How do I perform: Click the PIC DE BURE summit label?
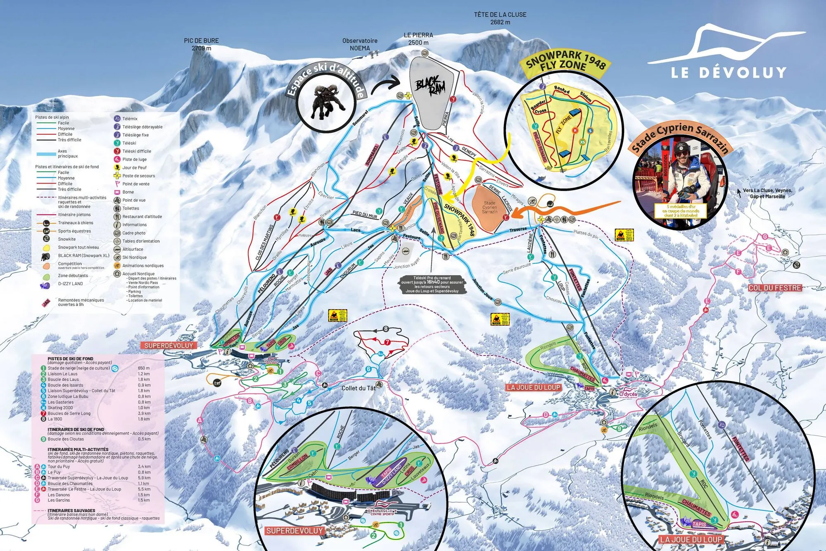(x=201, y=44)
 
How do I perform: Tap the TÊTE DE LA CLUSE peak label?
(x=500, y=18)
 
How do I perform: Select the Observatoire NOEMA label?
(x=360, y=44)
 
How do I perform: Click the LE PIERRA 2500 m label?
(x=418, y=39)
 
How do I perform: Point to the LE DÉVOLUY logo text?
(x=729, y=73)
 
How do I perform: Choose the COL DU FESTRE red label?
(x=775, y=288)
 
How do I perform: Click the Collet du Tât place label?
(x=358, y=388)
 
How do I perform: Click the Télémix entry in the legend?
(x=130, y=119)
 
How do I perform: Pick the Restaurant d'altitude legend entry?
(x=142, y=217)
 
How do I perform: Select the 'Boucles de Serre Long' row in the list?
(x=69, y=413)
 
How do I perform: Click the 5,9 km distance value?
(x=144, y=478)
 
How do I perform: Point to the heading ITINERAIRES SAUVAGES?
(x=71, y=510)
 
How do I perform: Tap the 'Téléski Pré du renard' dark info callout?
(x=432, y=284)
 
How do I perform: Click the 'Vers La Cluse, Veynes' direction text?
(x=767, y=193)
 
